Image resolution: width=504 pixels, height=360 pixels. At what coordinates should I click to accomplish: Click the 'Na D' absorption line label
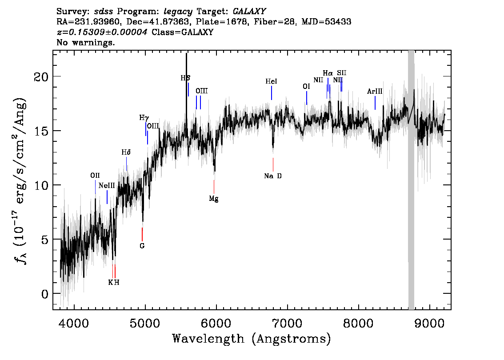coord(273,176)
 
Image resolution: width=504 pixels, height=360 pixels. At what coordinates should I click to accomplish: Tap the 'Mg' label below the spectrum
coord(214,199)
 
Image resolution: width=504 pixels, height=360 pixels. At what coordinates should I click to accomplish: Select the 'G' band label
coord(142,245)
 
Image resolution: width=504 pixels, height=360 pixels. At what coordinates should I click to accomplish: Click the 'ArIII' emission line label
coord(375,92)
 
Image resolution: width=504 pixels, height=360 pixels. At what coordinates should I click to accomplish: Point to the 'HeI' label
coord(271,81)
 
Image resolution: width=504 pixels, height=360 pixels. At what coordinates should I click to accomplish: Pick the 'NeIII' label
coord(107,185)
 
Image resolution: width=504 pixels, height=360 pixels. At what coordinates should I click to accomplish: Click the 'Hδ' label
coord(126,152)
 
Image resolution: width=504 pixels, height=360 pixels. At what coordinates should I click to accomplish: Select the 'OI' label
coord(306,87)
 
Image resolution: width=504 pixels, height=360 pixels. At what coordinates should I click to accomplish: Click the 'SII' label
coord(341,72)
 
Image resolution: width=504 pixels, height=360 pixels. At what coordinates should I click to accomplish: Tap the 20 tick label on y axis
coord(41,76)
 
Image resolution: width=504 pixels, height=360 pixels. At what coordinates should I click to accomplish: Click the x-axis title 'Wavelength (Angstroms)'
coord(252,339)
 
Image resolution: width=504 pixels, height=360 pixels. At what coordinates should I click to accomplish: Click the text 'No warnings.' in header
coord(86,43)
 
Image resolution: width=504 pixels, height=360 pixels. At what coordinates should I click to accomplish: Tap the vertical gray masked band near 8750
coord(411,178)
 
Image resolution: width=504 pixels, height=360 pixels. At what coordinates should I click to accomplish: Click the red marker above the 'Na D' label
coord(273,164)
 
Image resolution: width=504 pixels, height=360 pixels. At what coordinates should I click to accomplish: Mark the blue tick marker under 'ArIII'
coord(375,103)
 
